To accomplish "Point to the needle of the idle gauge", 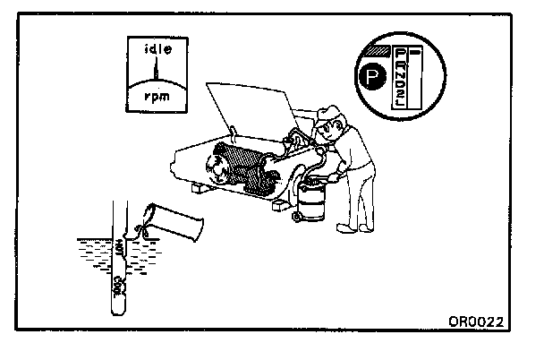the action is (156, 70).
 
